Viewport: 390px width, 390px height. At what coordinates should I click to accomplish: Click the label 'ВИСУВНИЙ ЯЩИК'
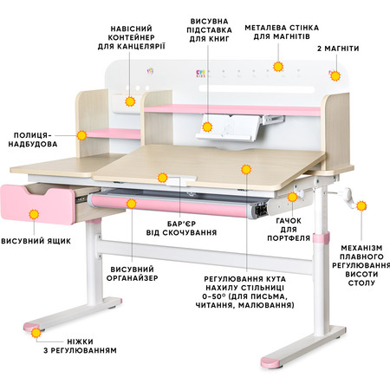coord(36,241)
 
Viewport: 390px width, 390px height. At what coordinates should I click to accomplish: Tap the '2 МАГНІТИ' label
coord(338,49)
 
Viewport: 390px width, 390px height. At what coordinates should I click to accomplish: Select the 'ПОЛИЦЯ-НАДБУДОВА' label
coord(33,140)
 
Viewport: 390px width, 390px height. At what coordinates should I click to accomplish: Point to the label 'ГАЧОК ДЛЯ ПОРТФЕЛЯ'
coord(289,230)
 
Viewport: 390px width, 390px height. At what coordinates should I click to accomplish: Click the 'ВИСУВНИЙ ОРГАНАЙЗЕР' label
coord(133,274)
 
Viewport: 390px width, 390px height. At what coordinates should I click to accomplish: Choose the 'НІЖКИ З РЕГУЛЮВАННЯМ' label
coord(80,346)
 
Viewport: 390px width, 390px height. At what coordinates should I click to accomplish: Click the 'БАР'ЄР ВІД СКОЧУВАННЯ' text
coord(181,228)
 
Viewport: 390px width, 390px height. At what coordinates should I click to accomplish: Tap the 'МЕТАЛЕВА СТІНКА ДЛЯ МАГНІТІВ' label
coord(282,32)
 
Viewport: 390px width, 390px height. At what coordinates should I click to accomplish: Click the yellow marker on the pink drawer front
coord(34,214)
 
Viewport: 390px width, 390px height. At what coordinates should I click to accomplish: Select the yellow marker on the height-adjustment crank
coord(361,206)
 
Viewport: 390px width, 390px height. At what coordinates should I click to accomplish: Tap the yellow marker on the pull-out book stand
coord(207,127)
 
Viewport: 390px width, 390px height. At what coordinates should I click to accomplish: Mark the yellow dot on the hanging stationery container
coord(130,101)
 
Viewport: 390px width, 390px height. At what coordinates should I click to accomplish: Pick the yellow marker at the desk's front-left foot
coord(36,333)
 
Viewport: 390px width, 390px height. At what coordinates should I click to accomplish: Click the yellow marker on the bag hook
coord(292,197)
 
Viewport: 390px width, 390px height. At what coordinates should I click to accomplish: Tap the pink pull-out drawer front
coord(37,205)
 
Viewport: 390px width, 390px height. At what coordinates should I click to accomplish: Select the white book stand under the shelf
coord(228,127)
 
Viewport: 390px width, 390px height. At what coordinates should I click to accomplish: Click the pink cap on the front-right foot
coord(271,362)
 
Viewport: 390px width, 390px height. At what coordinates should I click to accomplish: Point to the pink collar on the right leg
coord(321,237)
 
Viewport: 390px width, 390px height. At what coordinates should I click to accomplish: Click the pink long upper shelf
coord(232,110)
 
